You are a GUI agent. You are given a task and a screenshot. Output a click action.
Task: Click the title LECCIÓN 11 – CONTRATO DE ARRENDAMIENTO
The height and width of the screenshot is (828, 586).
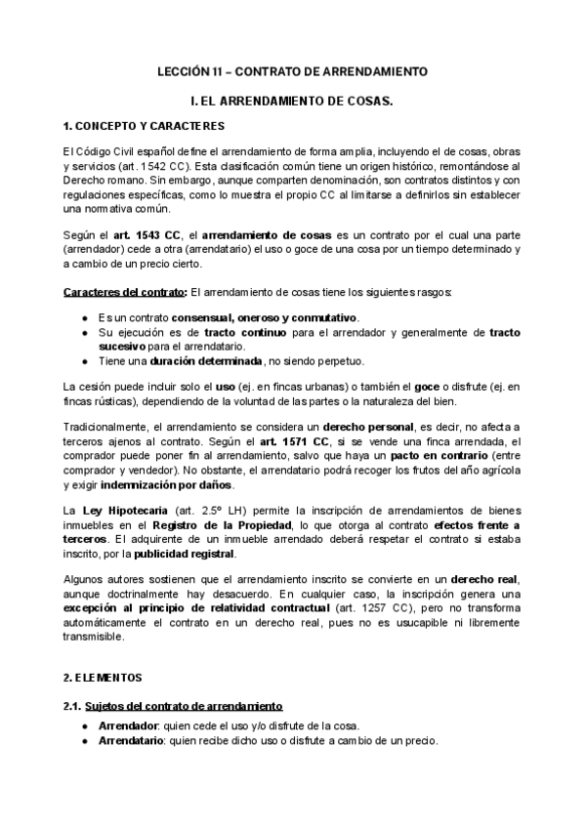[x=293, y=72]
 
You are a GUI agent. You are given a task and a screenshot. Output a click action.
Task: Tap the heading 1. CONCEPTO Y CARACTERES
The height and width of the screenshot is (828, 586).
[x=144, y=126]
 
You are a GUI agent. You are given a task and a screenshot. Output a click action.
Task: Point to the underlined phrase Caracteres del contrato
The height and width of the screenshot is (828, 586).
[x=124, y=293]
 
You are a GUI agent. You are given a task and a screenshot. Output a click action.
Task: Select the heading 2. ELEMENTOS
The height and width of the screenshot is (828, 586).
[x=102, y=677]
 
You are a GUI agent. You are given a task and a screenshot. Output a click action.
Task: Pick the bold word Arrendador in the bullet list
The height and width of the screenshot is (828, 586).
[x=128, y=725]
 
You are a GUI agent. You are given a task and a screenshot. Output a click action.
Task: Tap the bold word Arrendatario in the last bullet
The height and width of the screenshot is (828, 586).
[x=131, y=740]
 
